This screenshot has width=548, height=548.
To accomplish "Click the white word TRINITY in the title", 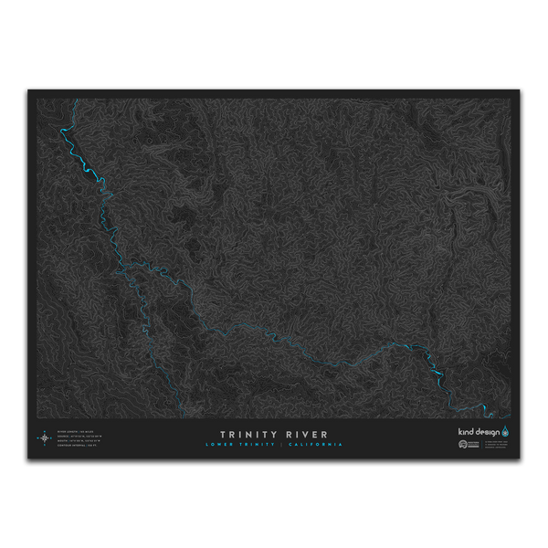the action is pyautogui.click(x=249, y=435).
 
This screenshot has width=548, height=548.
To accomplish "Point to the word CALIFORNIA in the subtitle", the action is pyautogui.click(x=315, y=445).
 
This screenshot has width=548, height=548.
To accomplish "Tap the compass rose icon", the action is pyautogui.click(x=45, y=437).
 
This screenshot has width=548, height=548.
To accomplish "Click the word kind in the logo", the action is pyautogui.click(x=466, y=430).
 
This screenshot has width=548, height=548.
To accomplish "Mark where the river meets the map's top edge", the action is pyautogui.click(x=73, y=99).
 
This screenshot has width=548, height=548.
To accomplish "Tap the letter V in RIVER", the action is pyautogui.click(x=308, y=435).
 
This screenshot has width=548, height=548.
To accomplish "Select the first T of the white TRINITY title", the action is pyautogui.click(x=223, y=435).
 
